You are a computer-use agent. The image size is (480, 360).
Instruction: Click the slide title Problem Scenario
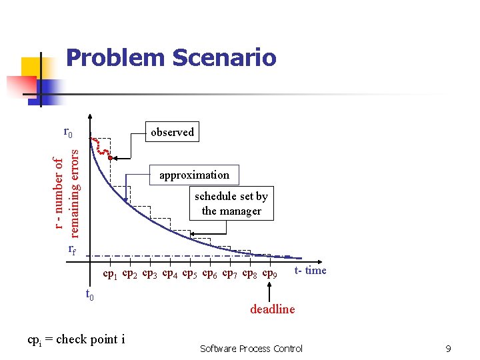point(171,58)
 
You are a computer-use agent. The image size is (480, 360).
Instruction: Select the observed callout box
point(172,132)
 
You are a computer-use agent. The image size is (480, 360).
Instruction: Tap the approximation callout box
point(194,175)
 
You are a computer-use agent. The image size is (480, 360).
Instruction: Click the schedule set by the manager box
point(231,203)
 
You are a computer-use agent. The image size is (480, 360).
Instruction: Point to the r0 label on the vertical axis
point(68,132)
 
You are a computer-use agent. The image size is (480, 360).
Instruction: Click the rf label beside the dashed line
point(73,251)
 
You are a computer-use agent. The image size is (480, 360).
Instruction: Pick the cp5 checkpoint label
point(191,274)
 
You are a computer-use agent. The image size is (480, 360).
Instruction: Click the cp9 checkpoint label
point(270,274)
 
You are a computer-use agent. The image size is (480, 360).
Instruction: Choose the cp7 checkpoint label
point(230,274)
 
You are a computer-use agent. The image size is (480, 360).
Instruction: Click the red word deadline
point(272,309)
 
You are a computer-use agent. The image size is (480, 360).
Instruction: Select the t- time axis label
point(311,270)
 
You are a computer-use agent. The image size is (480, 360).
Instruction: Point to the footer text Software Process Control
point(251,349)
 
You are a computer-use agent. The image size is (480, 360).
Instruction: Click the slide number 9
point(449,349)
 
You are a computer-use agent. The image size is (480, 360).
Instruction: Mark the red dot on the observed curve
point(110,158)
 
